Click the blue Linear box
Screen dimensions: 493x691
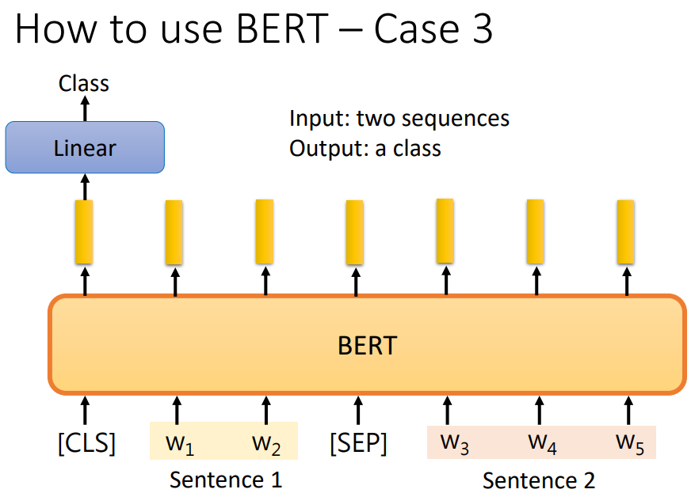click(85, 147)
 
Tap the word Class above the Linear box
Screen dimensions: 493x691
click(84, 83)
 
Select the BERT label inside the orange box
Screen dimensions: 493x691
click(367, 346)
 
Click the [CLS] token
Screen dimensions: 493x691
click(86, 443)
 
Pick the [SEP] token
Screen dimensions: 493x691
click(358, 443)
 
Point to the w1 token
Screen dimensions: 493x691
click(179, 444)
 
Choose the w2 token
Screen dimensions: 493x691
click(266, 444)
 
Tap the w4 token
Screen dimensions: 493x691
click(541, 444)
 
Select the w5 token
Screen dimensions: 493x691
click(630, 444)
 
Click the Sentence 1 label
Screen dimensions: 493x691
click(226, 480)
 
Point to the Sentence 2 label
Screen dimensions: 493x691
click(539, 480)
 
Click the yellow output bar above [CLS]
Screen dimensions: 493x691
click(84, 232)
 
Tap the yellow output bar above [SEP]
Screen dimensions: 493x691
click(354, 232)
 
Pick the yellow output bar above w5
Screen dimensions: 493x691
click(626, 231)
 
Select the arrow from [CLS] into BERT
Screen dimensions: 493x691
click(86, 410)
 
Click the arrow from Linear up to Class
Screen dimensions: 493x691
click(85, 107)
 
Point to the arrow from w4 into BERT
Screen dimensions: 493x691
click(537, 410)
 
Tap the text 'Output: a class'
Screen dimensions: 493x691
click(365, 147)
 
